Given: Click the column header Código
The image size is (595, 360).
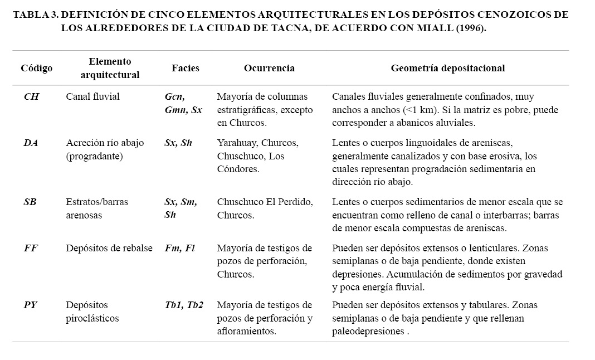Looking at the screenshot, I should tap(37, 68).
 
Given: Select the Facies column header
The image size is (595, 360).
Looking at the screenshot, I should tap(185, 68).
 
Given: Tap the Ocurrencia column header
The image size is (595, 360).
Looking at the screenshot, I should tap(269, 68).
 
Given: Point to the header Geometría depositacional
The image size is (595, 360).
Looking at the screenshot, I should tap(447, 68).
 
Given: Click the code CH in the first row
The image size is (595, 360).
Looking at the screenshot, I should tap(31, 96).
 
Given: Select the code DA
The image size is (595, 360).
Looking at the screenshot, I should tap(31, 143).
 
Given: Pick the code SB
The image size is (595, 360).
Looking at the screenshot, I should tap(30, 202).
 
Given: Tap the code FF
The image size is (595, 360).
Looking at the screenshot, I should tap(31, 248).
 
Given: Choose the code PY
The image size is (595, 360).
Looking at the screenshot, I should tap(31, 305).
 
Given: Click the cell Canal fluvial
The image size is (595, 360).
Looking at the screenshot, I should tap(92, 96).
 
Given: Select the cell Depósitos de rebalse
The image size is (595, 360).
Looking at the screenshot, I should tap(109, 248).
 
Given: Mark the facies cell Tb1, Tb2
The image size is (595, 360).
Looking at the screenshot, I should tap(184, 305).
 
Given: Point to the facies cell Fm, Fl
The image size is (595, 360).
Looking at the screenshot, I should tap(180, 248).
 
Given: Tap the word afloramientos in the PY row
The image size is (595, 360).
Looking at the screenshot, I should tap(246, 332).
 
